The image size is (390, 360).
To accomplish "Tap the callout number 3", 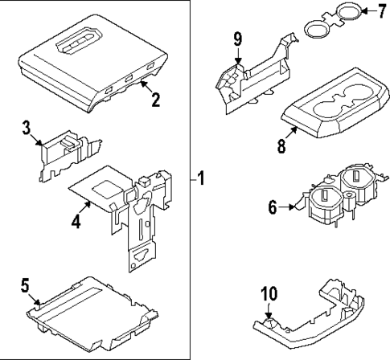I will [x=27, y=127].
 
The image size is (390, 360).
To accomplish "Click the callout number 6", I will [x=273, y=207].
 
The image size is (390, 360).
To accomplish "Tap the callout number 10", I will [x=269, y=296].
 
